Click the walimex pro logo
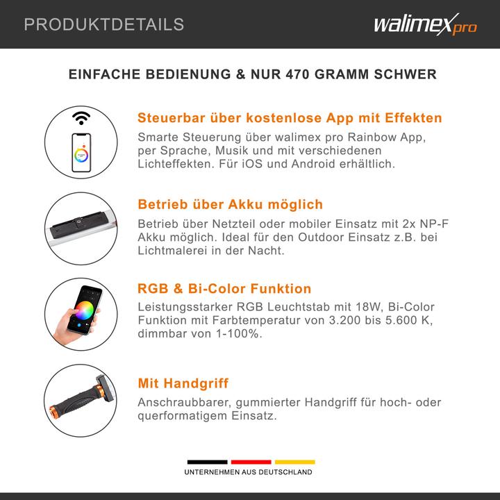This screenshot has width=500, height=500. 426,24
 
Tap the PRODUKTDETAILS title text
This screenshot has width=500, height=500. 104,24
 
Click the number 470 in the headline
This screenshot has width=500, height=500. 297,74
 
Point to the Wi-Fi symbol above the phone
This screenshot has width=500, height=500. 81,118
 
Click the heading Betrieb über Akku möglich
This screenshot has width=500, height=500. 231,204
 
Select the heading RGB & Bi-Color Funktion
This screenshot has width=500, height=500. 224,289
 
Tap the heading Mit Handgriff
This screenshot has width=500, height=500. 183,383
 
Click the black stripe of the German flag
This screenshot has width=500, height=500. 207,462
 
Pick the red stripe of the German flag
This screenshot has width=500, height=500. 251,462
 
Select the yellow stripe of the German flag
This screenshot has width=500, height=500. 295,462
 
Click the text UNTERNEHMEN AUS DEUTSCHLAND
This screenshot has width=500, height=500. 248,472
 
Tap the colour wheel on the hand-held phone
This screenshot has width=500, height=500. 84,310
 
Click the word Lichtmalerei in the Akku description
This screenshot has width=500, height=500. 172,251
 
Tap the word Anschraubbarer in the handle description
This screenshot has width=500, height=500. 184,402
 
